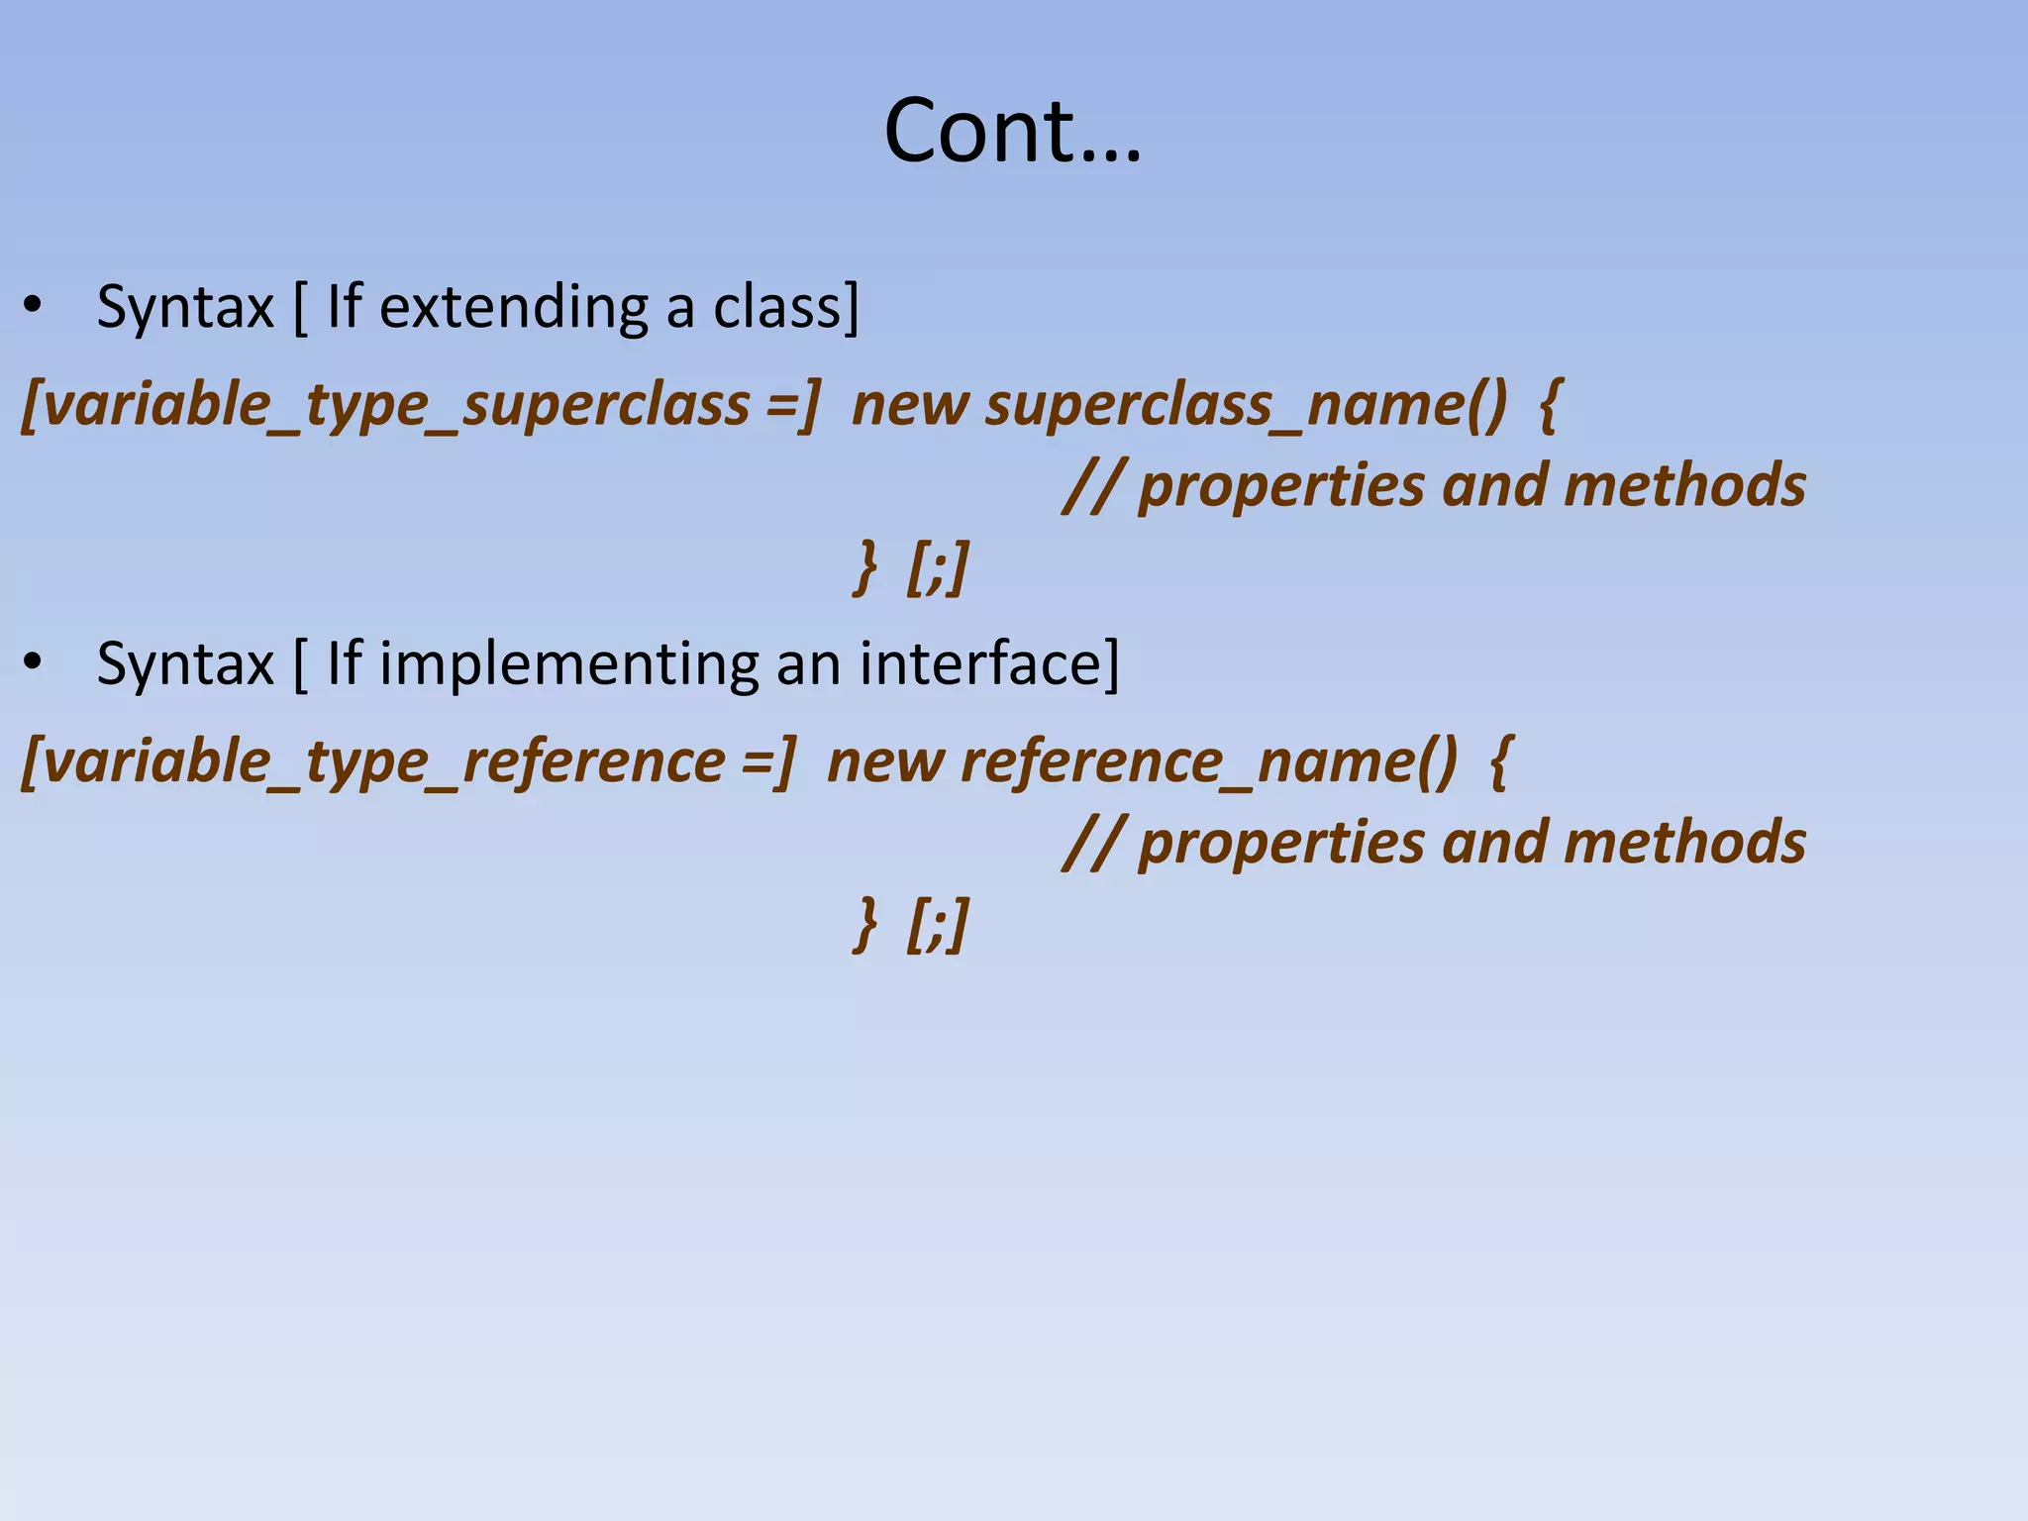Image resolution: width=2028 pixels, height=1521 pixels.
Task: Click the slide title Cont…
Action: tap(1012, 131)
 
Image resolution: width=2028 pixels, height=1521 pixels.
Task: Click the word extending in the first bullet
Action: tap(513, 307)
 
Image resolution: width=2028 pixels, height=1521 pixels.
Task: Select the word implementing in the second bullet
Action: tap(568, 663)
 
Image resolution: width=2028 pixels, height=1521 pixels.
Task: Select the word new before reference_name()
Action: tap(885, 762)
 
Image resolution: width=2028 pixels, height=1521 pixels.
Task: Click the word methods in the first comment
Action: tap(1684, 485)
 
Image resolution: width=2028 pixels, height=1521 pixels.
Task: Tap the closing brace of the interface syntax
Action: tap(865, 923)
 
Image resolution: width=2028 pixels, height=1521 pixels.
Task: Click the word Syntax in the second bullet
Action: tap(185, 663)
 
